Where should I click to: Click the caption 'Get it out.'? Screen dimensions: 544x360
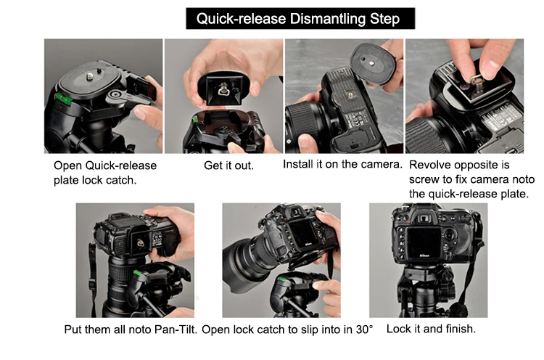click(x=228, y=165)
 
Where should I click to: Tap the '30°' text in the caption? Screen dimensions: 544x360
click(x=365, y=329)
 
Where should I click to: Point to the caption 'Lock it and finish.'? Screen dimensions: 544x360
click(x=431, y=328)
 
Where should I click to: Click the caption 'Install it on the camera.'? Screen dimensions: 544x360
click(x=342, y=164)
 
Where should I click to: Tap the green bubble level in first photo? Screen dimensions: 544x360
click(x=63, y=98)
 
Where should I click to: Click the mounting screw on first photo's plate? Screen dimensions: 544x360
click(x=90, y=75)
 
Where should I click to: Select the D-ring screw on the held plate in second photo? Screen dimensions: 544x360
click(x=223, y=90)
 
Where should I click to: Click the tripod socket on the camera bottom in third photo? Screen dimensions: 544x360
click(x=350, y=95)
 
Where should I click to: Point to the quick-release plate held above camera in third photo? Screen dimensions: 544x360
click(x=374, y=65)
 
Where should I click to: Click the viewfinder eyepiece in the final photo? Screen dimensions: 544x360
click(x=424, y=218)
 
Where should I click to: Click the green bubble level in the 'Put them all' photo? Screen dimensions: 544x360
click(x=137, y=273)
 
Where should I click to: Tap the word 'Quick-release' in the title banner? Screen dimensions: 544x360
click(x=241, y=18)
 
